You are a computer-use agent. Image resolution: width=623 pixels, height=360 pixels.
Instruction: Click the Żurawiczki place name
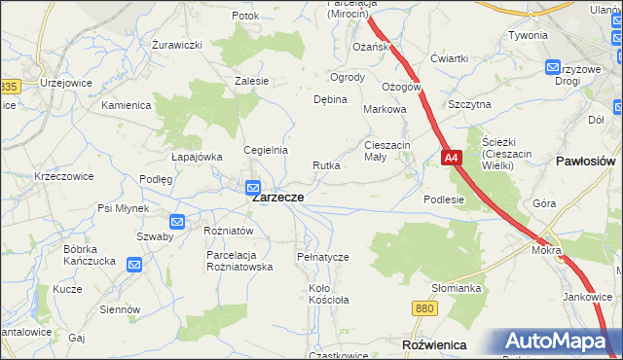176,45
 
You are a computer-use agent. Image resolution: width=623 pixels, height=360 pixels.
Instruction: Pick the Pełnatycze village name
322,257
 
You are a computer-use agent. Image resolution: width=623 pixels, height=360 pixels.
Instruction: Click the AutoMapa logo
560,342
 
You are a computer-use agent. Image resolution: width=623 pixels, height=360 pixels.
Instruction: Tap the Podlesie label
444,199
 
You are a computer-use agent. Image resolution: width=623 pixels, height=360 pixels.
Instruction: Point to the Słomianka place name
458,288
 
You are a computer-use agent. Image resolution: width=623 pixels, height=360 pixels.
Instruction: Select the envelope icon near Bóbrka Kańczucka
134,264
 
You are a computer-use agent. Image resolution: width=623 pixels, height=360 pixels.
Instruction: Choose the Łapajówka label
198,157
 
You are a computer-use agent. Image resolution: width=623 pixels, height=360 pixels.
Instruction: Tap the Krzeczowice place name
64,177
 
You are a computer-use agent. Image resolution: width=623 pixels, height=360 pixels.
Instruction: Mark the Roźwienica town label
433,345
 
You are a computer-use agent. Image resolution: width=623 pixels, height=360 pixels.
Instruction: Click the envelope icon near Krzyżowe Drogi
553,67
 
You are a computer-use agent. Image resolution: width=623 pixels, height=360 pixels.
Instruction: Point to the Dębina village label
330,100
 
